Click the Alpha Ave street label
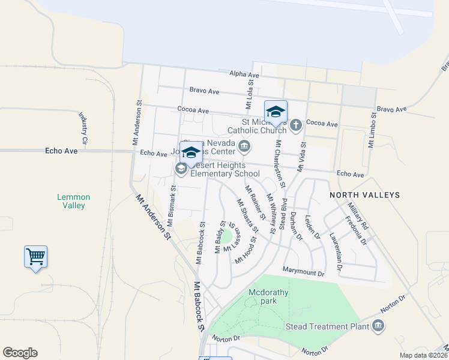(244, 75)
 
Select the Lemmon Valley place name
(73, 201)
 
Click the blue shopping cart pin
(35, 257)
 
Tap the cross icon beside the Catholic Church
(295, 125)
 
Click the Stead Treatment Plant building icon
(378, 326)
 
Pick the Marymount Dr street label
(303, 273)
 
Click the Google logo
(20, 353)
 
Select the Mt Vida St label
(303, 158)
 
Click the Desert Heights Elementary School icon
(181, 170)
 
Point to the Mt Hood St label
(246, 250)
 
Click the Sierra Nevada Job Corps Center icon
(244, 146)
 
